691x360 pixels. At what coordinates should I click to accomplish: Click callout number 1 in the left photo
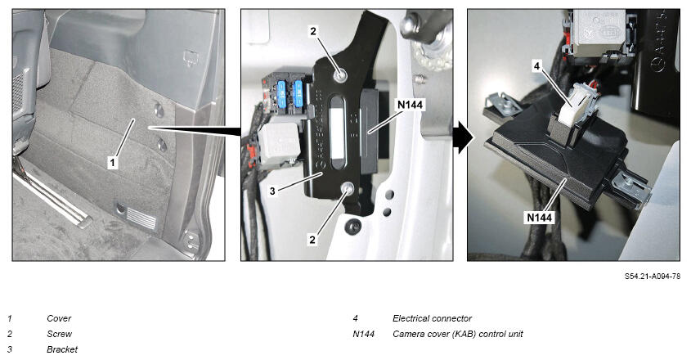pos(112,162)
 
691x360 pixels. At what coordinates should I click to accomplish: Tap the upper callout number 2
pos(313,31)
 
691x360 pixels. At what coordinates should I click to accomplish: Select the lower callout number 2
pos(312,240)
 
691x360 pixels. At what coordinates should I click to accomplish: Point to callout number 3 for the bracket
pos(273,191)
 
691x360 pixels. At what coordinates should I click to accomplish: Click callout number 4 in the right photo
pos(536,66)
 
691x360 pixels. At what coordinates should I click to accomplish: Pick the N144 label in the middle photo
pos(410,105)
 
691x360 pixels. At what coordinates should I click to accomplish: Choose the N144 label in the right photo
pos(540,217)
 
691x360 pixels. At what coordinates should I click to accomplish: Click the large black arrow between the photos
pos(463,137)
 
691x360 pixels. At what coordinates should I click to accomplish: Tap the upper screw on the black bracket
pos(340,75)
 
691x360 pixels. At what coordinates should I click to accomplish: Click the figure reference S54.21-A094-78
pos(653,277)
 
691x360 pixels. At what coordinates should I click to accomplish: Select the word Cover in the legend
pos(59,318)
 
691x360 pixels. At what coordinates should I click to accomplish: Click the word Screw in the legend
pos(59,334)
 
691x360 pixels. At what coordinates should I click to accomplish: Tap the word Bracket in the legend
pos(62,349)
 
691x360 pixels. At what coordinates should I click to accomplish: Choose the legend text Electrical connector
pos(432,318)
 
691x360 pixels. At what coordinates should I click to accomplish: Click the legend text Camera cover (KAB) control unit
pos(457,334)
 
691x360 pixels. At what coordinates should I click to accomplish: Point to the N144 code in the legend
pos(363,334)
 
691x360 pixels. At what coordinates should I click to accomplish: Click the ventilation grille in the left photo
pos(141,218)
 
